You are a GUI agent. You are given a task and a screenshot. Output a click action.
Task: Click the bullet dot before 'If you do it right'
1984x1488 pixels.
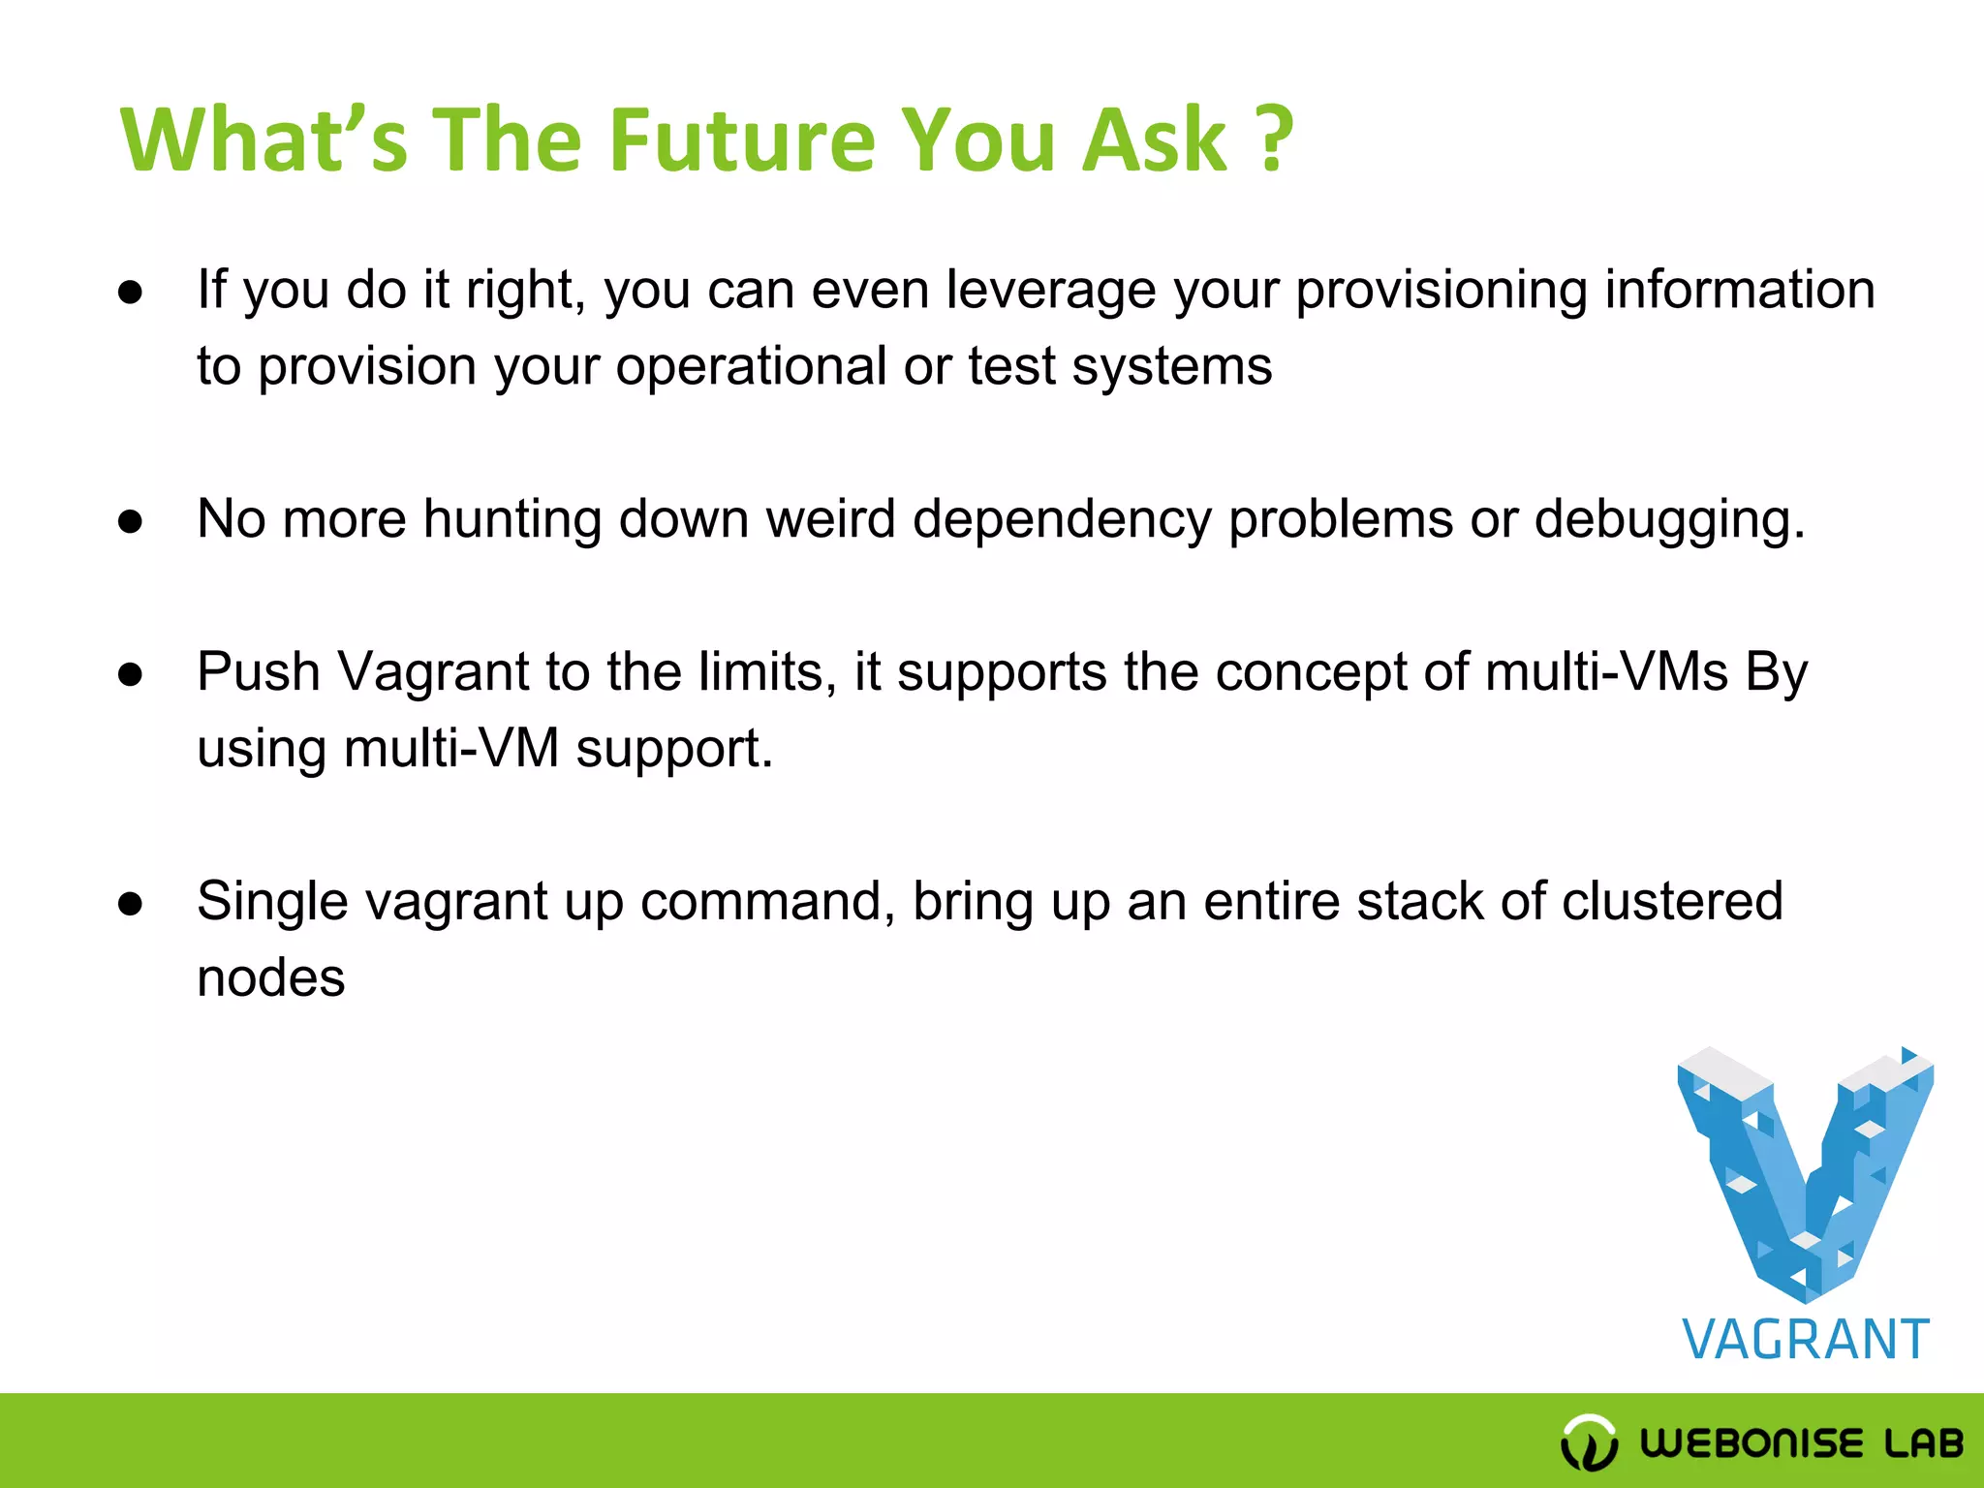131,292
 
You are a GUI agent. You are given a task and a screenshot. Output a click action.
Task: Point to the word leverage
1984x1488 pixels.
1050,291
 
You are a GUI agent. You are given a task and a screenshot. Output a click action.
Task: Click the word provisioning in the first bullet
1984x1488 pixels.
1441,291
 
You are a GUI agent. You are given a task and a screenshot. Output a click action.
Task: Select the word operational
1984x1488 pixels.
751,367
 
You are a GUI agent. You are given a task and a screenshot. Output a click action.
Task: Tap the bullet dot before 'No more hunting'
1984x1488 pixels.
131,521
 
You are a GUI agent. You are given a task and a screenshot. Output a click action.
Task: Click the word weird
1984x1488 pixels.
830,519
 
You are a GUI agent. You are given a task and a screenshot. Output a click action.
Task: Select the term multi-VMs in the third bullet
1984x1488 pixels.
1606,672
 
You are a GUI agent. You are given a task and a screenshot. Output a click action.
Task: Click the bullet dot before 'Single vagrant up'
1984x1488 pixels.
131,904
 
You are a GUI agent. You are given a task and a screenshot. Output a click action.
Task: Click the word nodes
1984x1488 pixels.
271,978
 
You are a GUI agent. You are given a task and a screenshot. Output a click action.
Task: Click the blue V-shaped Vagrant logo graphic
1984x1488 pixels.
1805,1172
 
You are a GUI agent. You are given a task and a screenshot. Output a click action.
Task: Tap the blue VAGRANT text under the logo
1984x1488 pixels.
1806,1340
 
